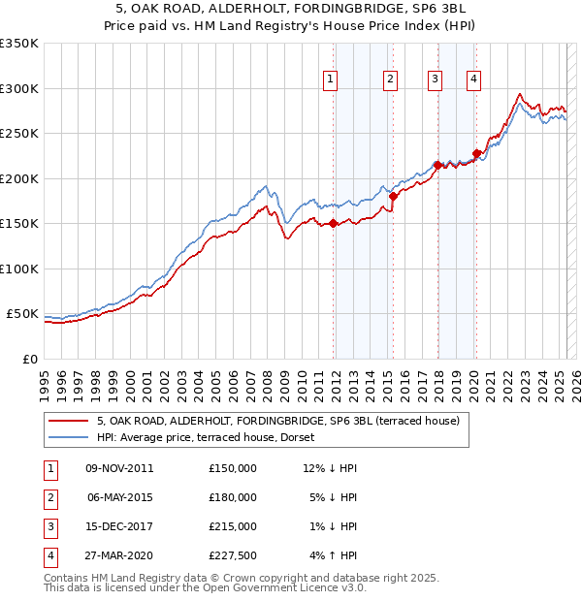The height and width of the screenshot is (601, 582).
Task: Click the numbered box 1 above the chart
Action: pos(331,80)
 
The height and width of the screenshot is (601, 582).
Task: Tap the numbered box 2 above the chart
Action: pos(390,80)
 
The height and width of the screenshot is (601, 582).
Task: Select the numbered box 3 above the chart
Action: pos(435,80)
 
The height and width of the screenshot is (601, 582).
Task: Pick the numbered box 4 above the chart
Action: pos(473,80)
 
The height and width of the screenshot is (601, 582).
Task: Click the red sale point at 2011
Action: pos(333,223)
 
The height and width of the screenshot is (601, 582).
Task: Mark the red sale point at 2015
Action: pos(393,196)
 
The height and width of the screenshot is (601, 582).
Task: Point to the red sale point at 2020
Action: pos(476,153)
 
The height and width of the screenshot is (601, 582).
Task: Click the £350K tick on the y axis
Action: pos(19,44)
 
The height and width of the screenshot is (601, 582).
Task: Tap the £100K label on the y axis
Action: pos(19,269)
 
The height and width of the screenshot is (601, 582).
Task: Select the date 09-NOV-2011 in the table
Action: pos(120,468)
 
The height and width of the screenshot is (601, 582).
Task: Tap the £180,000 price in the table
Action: pos(233,497)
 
